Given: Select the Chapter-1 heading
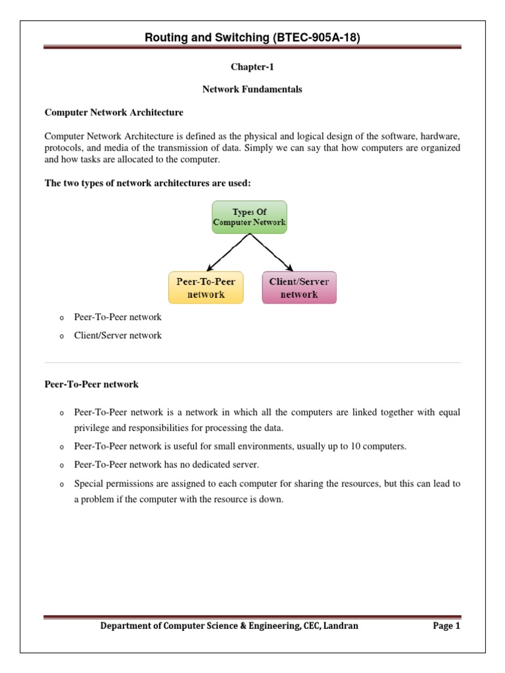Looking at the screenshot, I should point(252,67).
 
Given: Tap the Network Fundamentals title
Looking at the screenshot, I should point(252,89).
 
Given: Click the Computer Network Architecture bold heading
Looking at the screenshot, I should point(114,112).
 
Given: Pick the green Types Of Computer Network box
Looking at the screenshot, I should point(249,217).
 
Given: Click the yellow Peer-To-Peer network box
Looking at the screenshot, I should point(206,288).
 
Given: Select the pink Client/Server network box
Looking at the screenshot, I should point(299,288).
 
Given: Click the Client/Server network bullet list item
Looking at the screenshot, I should point(118,335).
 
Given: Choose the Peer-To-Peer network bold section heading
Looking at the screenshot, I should point(91,384).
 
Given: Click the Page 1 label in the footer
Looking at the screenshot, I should point(446,626).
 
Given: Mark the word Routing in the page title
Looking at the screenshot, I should point(167,38).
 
